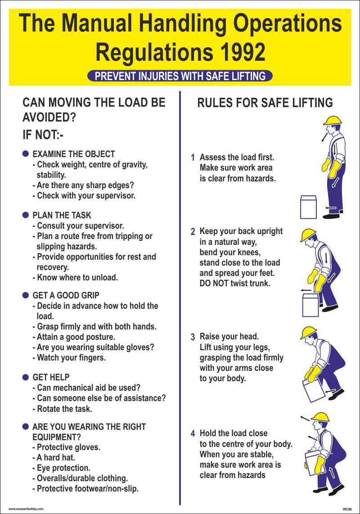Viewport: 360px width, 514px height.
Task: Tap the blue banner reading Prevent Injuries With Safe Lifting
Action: (x=180, y=76)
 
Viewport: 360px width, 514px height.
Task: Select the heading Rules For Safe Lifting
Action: (x=265, y=103)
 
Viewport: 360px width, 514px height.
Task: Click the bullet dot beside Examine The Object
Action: (x=26, y=154)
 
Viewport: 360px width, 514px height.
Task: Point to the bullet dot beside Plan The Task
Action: (x=26, y=215)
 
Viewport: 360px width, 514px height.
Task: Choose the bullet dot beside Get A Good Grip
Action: (x=26, y=295)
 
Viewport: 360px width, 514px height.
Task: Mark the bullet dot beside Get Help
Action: (x=26, y=377)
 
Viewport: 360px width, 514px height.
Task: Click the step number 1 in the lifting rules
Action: (x=193, y=158)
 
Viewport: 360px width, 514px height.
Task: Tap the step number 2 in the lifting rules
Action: (x=193, y=232)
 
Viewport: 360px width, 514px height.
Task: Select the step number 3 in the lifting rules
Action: (x=193, y=337)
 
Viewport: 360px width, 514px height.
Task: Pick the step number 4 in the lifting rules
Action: (x=193, y=434)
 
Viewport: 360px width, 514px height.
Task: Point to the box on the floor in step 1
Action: (x=308, y=207)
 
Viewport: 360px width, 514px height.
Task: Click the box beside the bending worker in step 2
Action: (x=310, y=305)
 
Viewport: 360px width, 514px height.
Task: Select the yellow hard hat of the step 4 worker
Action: (x=320, y=417)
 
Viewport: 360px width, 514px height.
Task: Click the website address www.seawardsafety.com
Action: (x=26, y=509)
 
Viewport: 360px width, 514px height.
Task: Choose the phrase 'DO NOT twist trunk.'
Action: (x=235, y=284)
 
